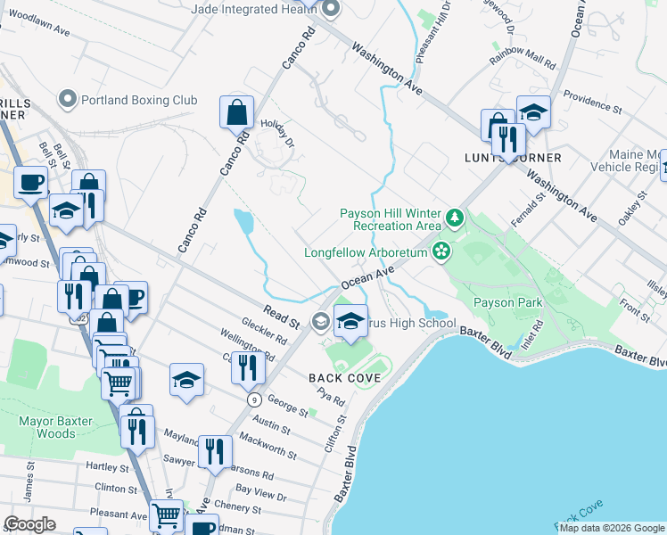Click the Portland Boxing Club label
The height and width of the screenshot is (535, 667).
pos(139,100)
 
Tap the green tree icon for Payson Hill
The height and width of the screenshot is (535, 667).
pos(455,218)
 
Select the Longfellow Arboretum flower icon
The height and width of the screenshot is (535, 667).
pos(441,252)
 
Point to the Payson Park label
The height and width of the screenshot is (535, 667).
pos(507,303)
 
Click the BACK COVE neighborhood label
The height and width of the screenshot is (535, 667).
pos(345,378)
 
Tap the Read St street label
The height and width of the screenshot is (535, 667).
pos(281,315)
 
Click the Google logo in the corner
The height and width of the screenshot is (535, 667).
pos(29,524)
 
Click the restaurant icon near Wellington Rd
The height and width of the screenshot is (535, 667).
pos(246,366)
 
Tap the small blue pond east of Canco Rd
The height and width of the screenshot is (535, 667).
pos(243,223)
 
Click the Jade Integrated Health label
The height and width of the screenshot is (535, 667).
pos(255,9)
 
